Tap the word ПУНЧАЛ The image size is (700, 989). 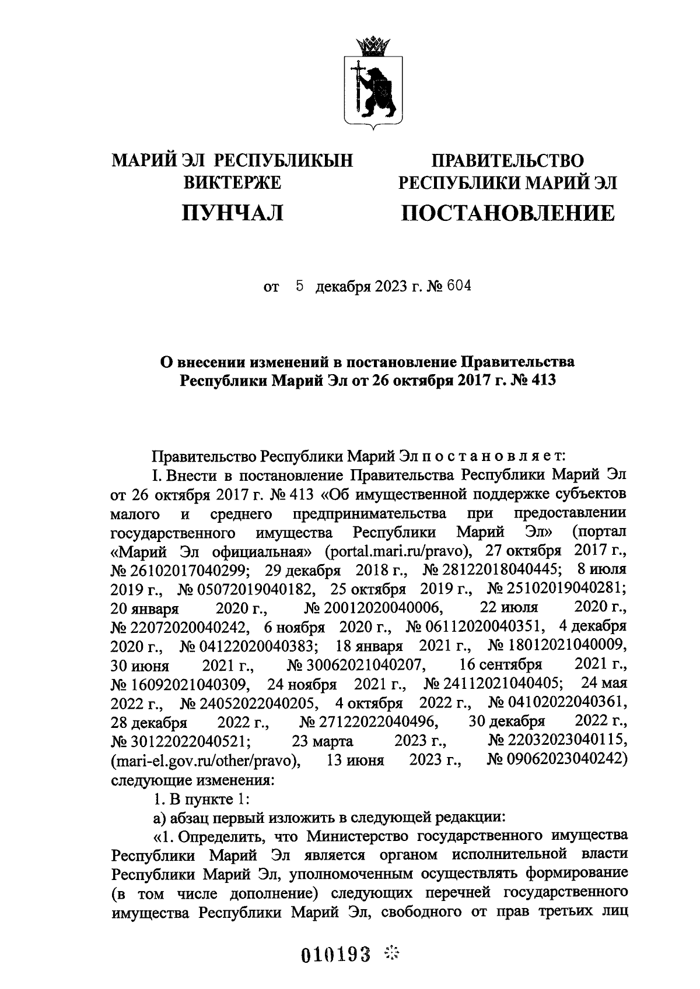233,213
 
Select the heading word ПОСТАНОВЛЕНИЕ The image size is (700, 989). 508,213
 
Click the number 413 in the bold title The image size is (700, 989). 542,381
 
